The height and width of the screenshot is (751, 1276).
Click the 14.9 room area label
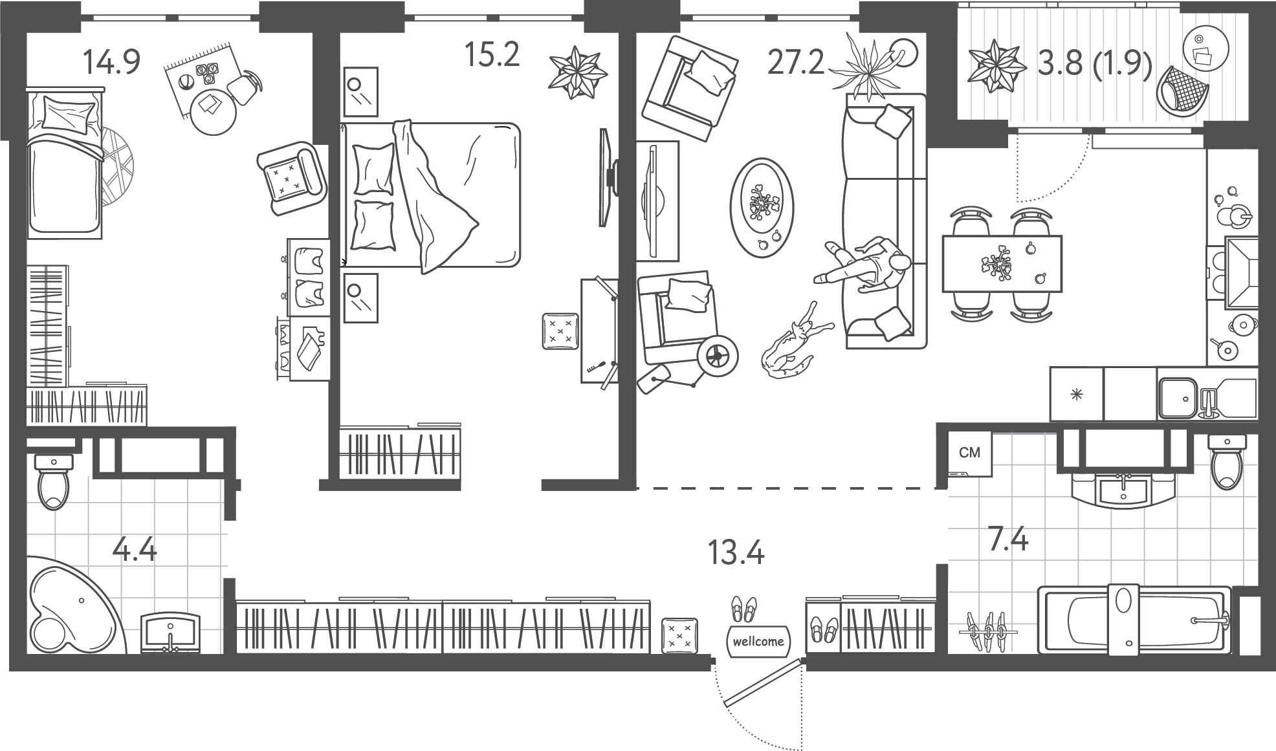click(111, 62)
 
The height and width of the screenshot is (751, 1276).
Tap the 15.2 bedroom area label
click(492, 54)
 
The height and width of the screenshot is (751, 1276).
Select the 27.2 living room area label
click(796, 63)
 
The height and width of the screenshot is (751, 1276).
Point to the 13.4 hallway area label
click(736, 553)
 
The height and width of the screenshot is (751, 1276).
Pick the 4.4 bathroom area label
click(135, 550)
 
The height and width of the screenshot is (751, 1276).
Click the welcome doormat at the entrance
click(759, 640)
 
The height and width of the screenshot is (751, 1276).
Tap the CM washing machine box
click(969, 453)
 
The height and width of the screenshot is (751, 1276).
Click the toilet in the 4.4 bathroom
click(53, 481)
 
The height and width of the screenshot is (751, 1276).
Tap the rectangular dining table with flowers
click(1002, 263)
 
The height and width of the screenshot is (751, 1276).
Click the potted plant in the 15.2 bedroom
click(578, 71)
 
